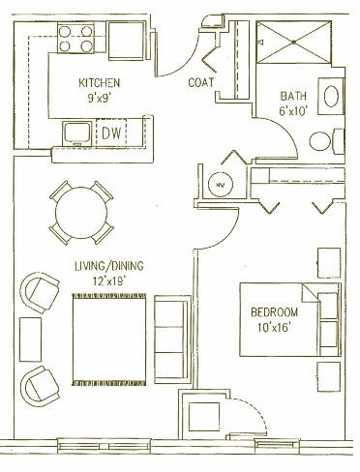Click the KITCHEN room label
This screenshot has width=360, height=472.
[101, 83]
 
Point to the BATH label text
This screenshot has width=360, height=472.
[293, 96]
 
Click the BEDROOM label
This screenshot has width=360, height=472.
[274, 314]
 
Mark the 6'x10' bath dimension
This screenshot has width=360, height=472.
[293, 112]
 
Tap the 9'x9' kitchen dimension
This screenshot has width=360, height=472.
[101, 99]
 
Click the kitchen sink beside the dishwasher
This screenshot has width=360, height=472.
[76, 132]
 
